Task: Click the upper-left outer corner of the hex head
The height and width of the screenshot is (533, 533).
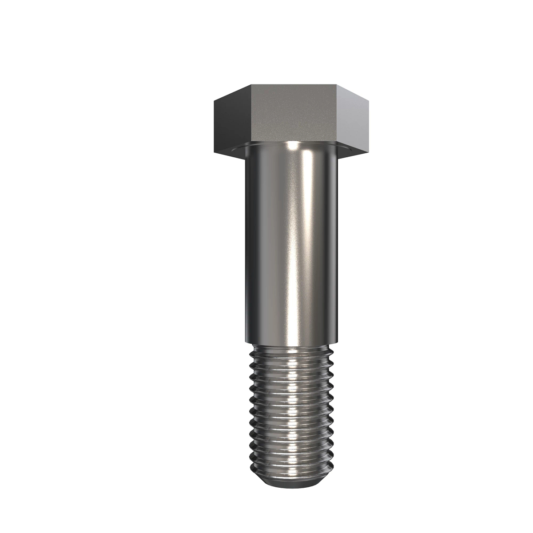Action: click(x=214, y=102)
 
